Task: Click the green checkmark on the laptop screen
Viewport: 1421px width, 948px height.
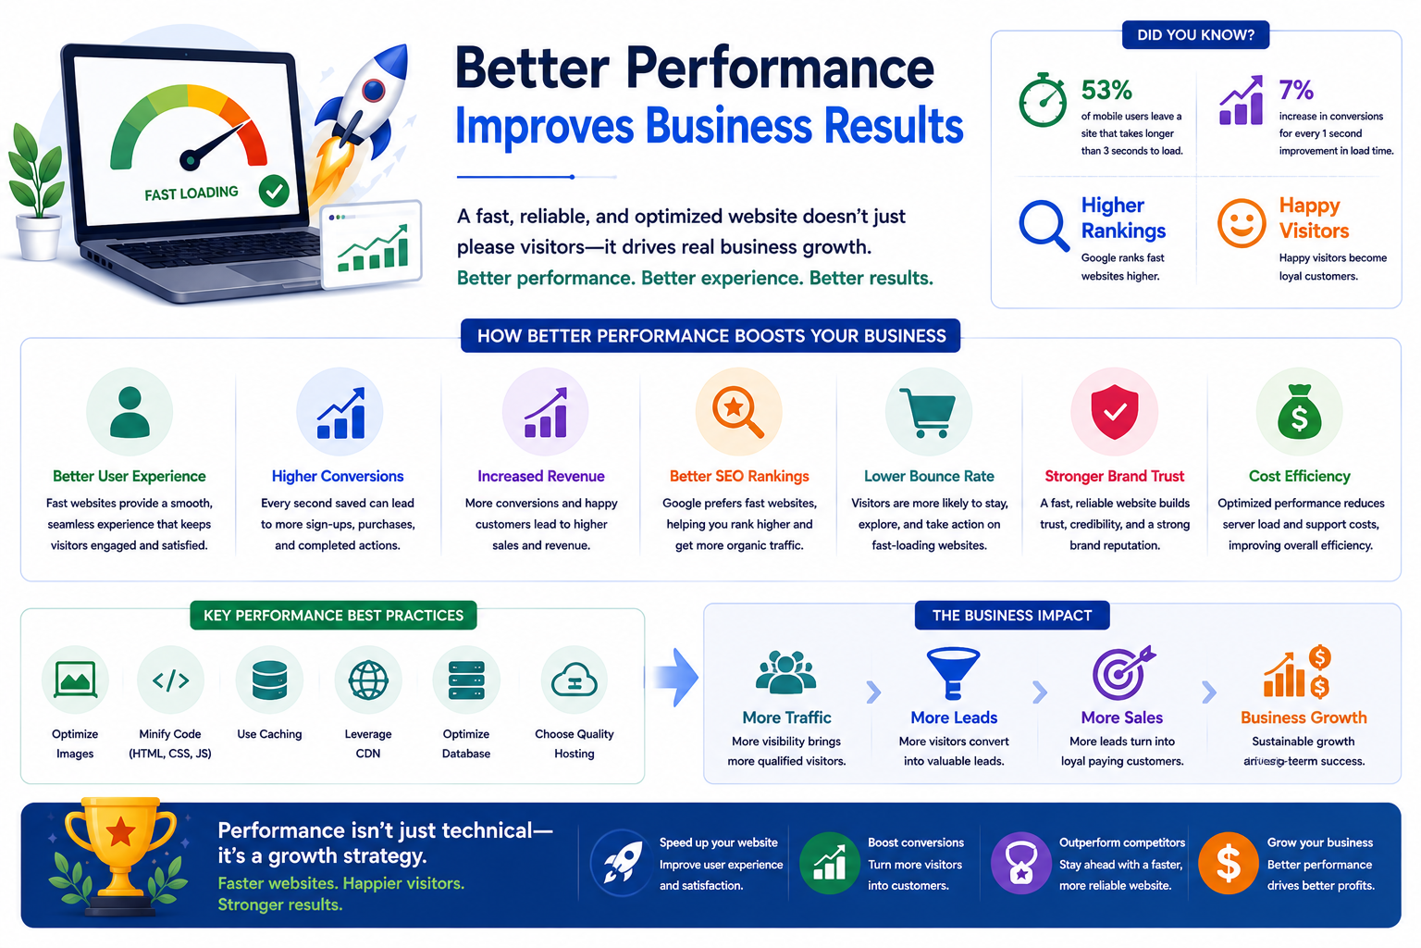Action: [x=274, y=191]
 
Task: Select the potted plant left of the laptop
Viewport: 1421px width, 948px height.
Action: [x=37, y=192]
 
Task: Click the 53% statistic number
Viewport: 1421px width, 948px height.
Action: [x=1106, y=90]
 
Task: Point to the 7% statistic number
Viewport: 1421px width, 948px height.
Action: [x=1295, y=90]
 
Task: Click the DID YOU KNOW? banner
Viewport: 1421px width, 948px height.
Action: [x=1196, y=35]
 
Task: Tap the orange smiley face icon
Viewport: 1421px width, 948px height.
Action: [x=1242, y=223]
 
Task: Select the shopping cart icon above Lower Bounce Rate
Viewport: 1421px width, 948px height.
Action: [x=928, y=413]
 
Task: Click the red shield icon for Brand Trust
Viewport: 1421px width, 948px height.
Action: [x=1115, y=411]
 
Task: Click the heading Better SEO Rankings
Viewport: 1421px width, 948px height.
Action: [x=739, y=476]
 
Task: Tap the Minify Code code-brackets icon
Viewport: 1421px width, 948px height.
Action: [x=170, y=680]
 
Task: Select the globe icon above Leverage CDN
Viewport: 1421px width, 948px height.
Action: [x=368, y=680]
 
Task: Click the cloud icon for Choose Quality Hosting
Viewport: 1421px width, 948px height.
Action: [x=575, y=680]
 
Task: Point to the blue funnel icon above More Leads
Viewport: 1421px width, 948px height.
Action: [x=953, y=672]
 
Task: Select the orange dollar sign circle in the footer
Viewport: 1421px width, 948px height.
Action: [x=1229, y=863]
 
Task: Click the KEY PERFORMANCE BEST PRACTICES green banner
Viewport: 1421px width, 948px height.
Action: [x=333, y=616]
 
